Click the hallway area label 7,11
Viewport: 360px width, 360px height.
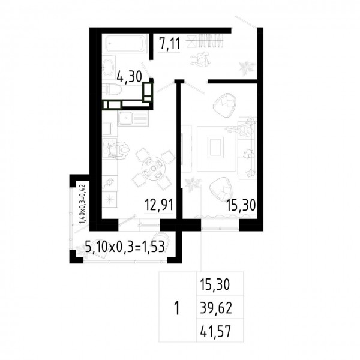(x=170, y=43)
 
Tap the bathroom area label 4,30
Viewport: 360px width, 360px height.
(x=129, y=76)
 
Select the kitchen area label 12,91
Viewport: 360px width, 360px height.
(x=159, y=205)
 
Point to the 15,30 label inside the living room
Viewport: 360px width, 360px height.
(x=241, y=205)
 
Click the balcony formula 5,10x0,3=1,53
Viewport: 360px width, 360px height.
(x=125, y=247)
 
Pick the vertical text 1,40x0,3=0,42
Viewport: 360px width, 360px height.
(x=82, y=203)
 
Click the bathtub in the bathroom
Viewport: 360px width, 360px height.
(x=125, y=43)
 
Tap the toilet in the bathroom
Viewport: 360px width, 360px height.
(x=113, y=89)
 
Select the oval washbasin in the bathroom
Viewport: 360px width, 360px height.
(x=108, y=67)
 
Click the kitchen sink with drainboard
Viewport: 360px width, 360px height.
(x=133, y=118)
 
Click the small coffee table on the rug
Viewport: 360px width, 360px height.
(x=215, y=148)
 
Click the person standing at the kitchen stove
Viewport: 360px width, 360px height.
(x=119, y=150)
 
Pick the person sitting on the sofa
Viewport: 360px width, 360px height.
(x=242, y=129)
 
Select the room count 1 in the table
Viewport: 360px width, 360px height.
(x=177, y=308)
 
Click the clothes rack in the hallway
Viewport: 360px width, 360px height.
(x=205, y=41)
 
